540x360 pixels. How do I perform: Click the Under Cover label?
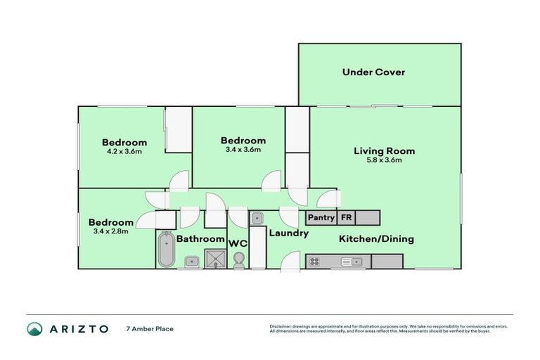point(373,72)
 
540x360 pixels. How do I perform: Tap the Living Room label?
point(385,151)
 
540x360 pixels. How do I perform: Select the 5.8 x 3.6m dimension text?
point(385,160)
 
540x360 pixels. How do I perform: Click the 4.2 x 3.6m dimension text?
point(124,151)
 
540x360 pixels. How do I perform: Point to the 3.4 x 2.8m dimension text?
point(111,231)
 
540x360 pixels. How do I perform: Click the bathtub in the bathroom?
point(167,249)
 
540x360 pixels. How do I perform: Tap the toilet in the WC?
point(238,260)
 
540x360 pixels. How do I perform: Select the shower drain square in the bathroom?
point(216,259)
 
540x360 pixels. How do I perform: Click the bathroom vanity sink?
point(191,262)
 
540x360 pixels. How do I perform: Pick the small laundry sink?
point(257,218)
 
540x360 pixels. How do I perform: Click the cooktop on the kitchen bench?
point(314,262)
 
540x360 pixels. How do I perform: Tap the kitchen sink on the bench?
point(352,262)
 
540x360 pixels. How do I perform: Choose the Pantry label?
point(321,217)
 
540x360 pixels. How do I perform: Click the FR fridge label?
point(346,217)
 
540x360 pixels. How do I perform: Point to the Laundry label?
point(288,233)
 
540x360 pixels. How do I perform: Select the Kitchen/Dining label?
point(376,239)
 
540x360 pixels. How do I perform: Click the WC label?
point(238,243)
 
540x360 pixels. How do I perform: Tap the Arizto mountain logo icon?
point(34,329)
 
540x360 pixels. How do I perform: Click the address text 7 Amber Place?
point(150,329)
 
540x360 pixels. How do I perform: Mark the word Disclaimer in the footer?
point(281,326)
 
